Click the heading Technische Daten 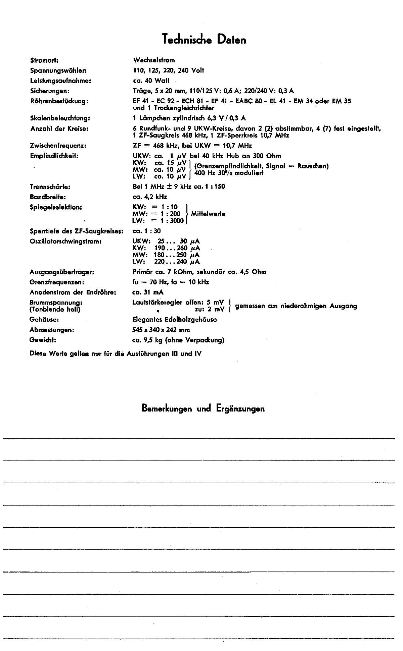pos(204,40)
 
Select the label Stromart pos(44,60)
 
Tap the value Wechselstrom pos(154,60)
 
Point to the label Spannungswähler pos(58,70)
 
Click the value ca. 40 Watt pos(151,81)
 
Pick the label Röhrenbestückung pos(59,101)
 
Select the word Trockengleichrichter pos(184,108)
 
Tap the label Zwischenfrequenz pos(58,146)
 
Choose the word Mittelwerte pos(208,214)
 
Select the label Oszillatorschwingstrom pos(65,241)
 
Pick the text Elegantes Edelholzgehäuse pos(175,320)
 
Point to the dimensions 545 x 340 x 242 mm pos(161,330)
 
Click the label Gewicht pos(43,340)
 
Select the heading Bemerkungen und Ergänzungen pos(203,409)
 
